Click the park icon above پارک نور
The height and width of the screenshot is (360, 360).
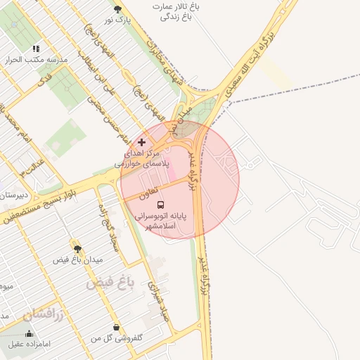(x=117, y=9)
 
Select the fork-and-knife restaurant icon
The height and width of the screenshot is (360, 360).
(x=36, y=49)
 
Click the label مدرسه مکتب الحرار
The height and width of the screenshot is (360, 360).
(x=36, y=60)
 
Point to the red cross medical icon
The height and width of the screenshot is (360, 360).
(x=141, y=142)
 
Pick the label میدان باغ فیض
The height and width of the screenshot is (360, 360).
(x=78, y=259)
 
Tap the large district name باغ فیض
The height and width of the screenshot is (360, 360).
(x=110, y=283)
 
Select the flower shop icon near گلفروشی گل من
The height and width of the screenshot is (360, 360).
(x=116, y=328)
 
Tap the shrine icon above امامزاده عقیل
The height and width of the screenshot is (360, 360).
(x=29, y=333)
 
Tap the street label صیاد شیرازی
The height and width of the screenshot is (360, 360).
(x=156, y=299)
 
